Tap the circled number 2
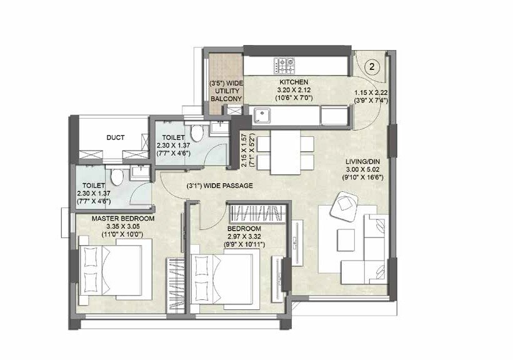click(x=372, y=66)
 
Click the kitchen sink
click(x=262, y=114)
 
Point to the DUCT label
click(x=115, y=137)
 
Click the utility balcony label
click(x=226, y=91)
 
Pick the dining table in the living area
click(x=286, y=153)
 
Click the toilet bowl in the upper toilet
click(x=197, y=132)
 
